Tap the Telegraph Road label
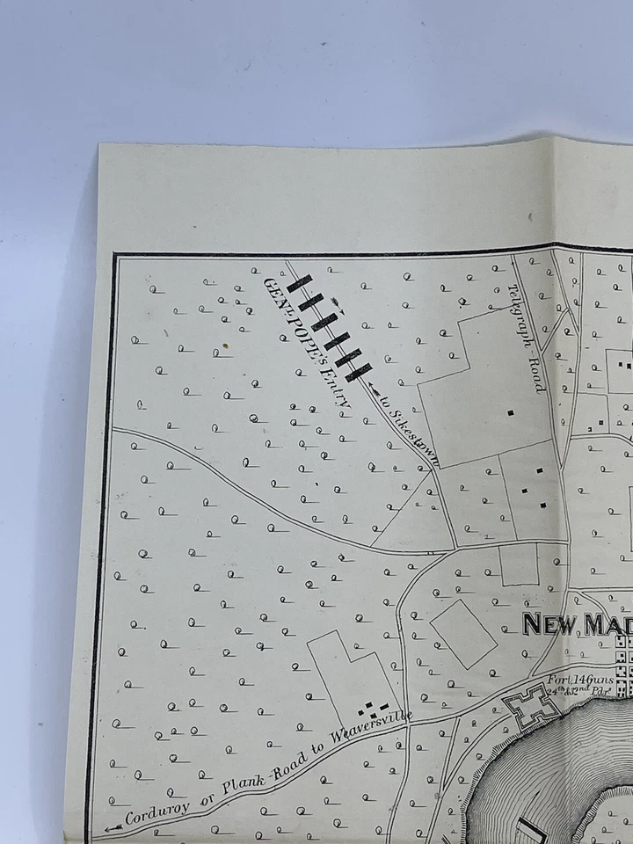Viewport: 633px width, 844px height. point(527,338)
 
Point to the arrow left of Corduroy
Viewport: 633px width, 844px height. point(113,828)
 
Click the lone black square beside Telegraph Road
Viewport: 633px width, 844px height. point(510,411)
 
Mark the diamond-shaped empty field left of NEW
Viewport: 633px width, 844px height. point(464,633)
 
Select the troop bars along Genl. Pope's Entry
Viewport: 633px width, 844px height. point(329,325)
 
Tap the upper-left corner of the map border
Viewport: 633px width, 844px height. point(115,257)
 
